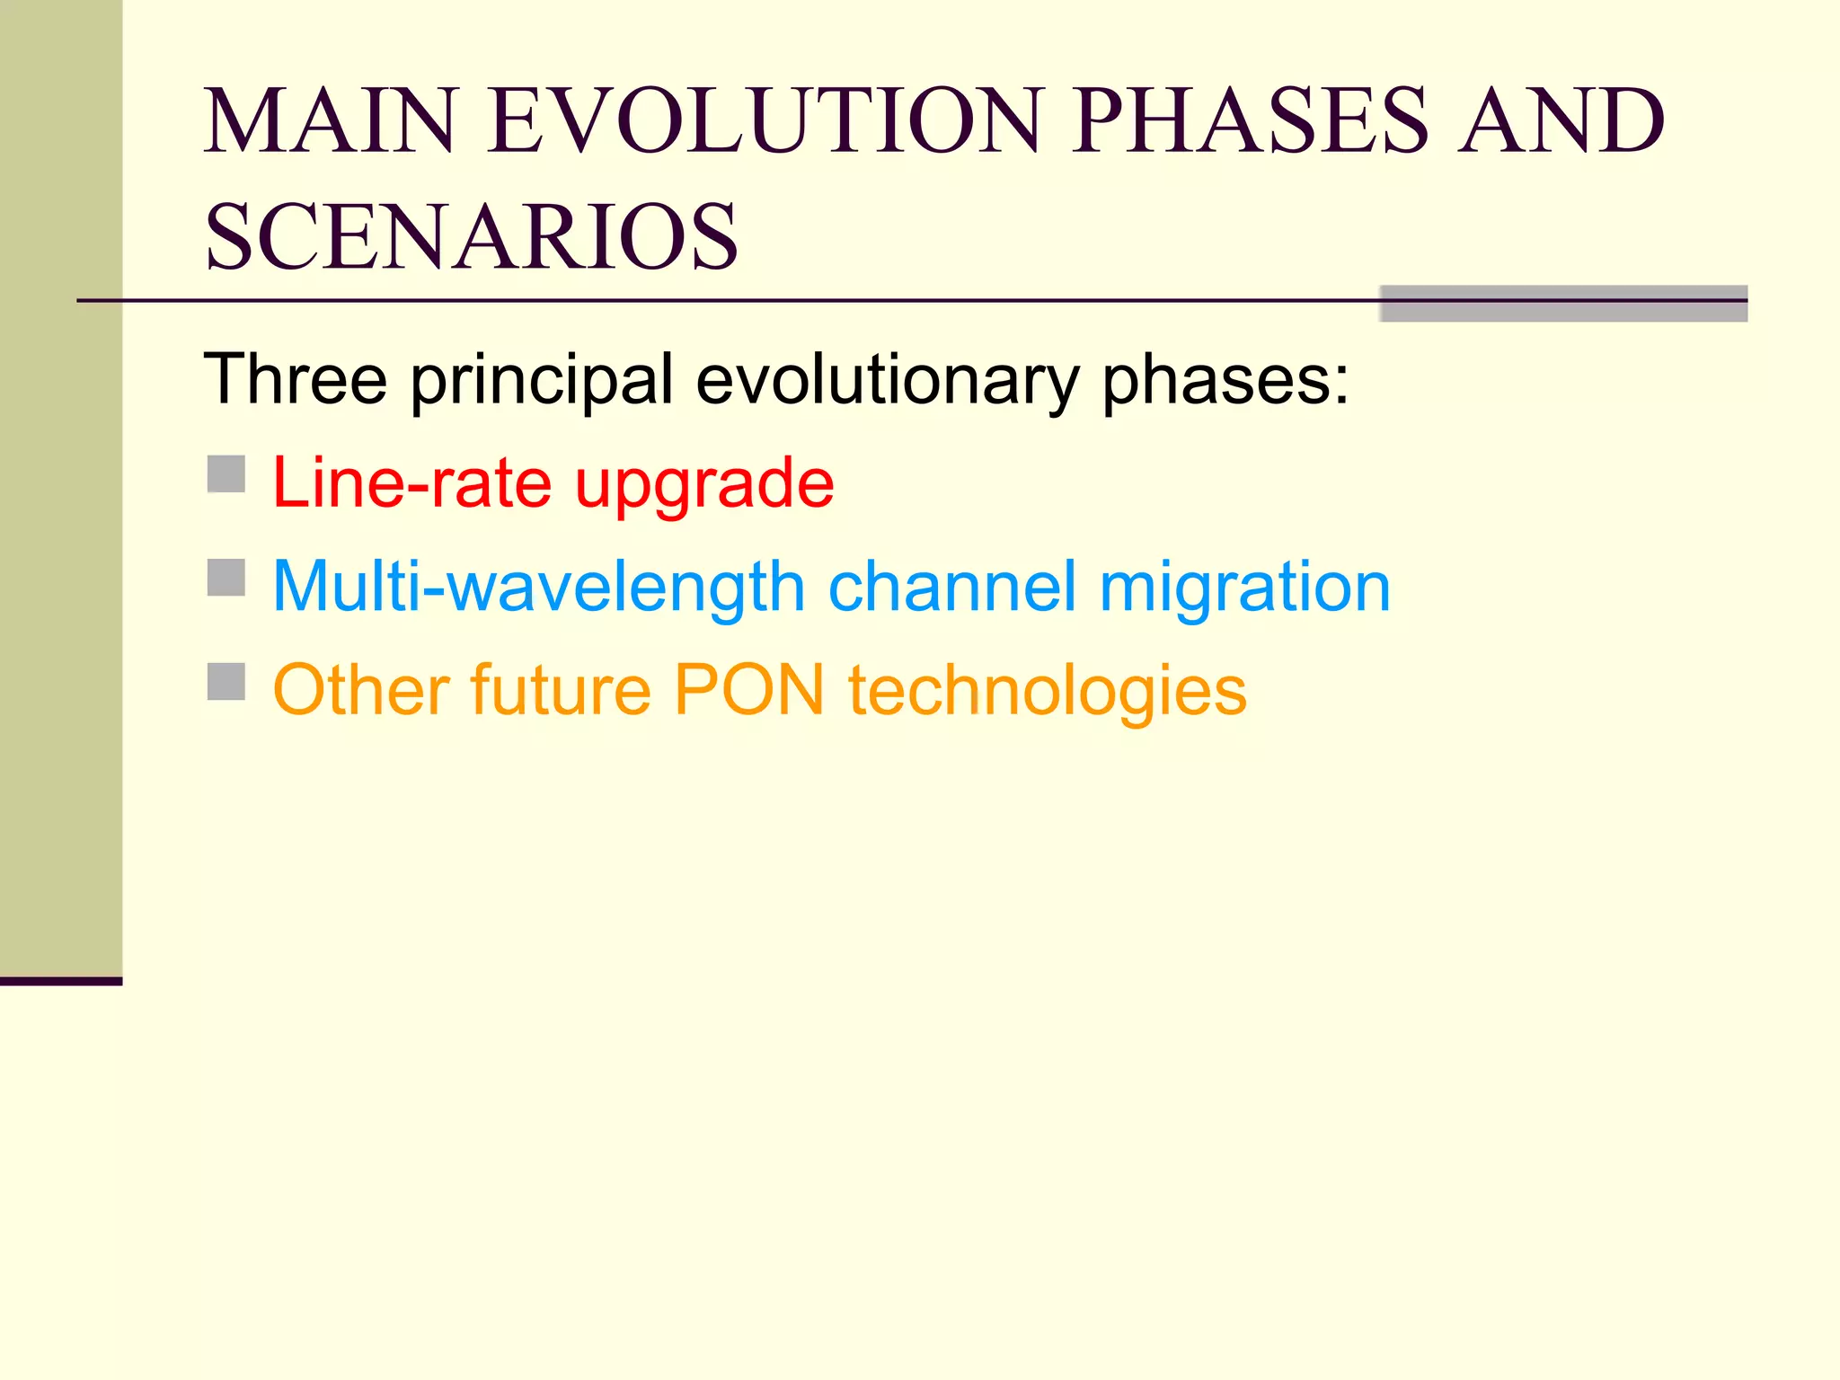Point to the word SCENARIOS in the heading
472,236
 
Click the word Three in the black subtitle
296,379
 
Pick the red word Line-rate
411,483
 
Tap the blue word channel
951,587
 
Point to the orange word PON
749,690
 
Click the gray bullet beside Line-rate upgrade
226,474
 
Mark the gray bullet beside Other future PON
226,682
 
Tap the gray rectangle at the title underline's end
1562,304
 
